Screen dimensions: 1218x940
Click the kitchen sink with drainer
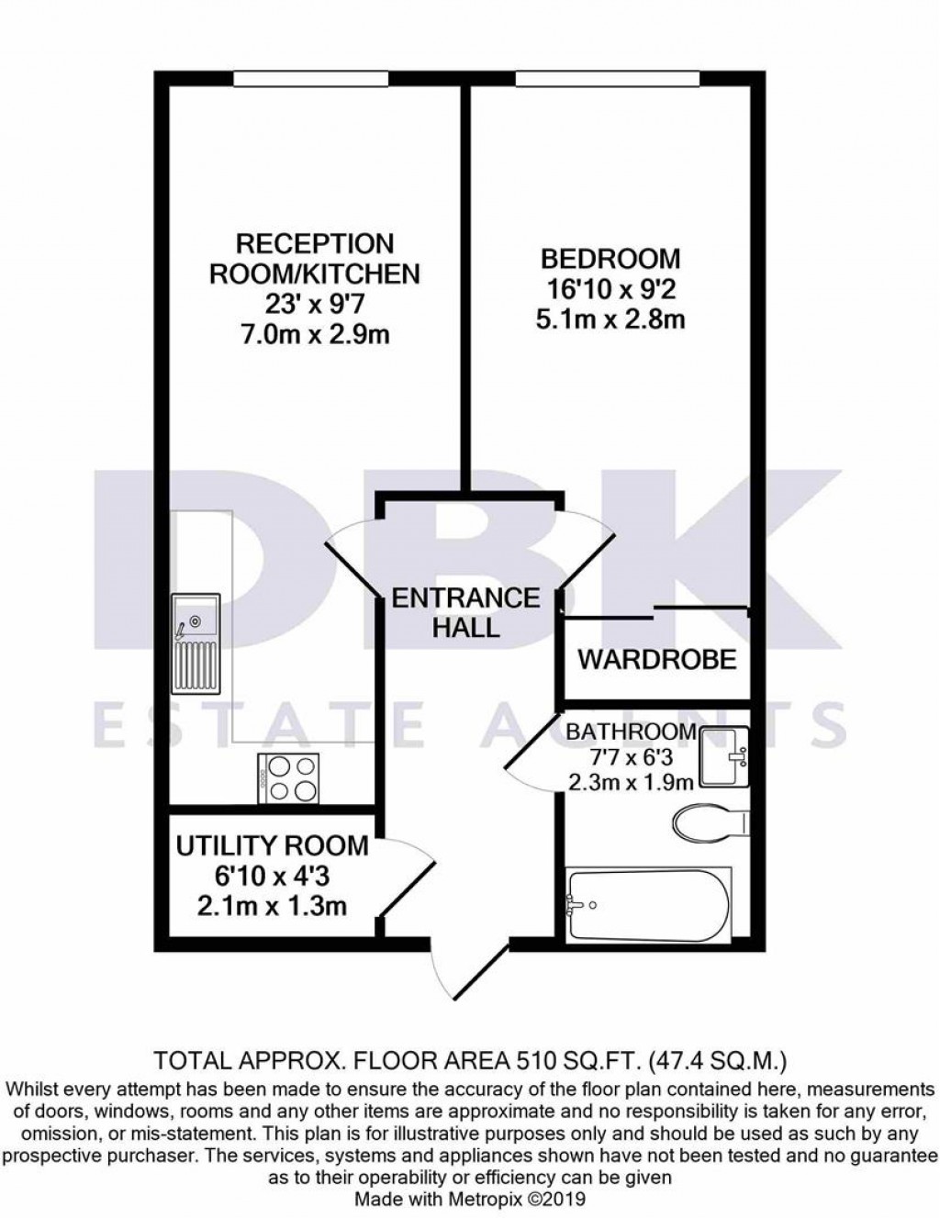tap(196, 644)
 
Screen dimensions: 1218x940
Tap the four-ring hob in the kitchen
tap(288, 777)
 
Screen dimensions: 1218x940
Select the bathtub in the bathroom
tap(651, 904)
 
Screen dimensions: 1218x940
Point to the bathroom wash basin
tap(724, 756)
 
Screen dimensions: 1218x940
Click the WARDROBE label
tap(657, 659)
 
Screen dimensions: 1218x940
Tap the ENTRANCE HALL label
tap(465, 612)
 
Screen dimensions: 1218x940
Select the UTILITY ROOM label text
tap(272, 845)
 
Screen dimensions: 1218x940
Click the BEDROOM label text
tap(610, 258)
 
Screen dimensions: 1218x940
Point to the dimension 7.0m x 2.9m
tap(315, 334)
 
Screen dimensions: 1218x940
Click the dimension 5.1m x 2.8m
tap(610, 320)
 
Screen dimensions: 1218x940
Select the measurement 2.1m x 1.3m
tap(272, 907)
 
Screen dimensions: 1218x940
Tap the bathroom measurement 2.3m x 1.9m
tap(630, 782)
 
